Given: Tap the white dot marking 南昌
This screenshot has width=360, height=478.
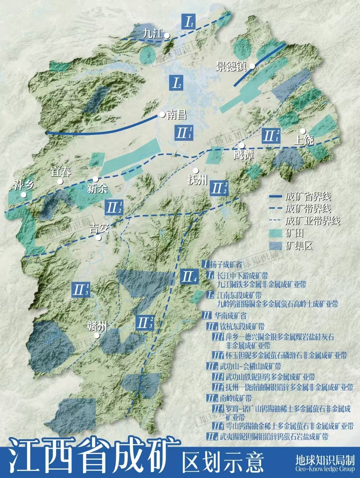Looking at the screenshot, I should [x=162, y=115].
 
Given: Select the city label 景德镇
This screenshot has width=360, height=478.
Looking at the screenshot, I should [x=231, y=66].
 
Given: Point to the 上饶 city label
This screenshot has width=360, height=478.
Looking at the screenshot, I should [x=304, y=140].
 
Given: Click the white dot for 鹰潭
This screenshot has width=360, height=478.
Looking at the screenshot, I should [x=242, y=146].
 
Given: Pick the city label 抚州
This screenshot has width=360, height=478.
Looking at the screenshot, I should [x=198, y=180].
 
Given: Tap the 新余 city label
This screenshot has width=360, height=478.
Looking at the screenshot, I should [x=97, y=189].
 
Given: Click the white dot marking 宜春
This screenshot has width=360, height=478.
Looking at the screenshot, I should [x=60, y=182].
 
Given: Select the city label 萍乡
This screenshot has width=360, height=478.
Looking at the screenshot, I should [x=24, y=185].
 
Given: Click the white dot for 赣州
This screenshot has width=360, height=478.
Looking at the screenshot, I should [x=97, y=336].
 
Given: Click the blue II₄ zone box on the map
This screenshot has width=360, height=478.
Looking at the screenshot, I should [x=189, y=276].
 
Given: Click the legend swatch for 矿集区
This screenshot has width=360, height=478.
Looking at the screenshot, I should [x=276, y=246].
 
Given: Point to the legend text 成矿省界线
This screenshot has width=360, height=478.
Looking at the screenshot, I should [x=308, y=197].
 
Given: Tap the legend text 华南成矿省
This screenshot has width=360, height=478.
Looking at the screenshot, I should [x=230, y=315].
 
